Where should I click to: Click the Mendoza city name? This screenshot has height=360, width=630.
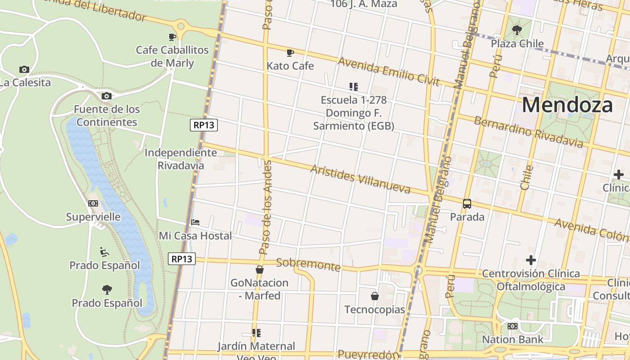click(x=567, y=105)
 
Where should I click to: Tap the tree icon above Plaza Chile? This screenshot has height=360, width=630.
click(x=517, y=30)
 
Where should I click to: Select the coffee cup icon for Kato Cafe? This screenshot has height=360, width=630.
click(x=290, y=53)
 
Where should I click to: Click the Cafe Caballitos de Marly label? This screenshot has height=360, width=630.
click(x=172, y=56)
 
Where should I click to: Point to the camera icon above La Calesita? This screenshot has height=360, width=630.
click(x=24, y=69)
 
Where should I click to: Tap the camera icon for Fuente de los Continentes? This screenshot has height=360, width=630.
click(x=107, y=96)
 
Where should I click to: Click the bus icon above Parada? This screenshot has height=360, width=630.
click(x=467, y=204)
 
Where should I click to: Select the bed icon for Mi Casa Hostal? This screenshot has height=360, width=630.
click(x=195, y=222)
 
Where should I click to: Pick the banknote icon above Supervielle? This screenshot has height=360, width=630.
click(x=93, y=203)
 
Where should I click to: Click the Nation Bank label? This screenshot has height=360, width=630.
click(x=513, y=339)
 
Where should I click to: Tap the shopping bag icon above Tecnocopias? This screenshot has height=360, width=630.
click(x=374, y=296)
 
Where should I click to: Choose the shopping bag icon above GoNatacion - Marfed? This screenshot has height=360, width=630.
click(x=259, y=270)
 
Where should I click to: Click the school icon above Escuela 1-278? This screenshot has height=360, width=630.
click(x=353, y=86)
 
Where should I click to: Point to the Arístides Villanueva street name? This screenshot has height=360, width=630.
click(x=360, y=179)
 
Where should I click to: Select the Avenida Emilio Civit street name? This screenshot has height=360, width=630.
click(x=388, y=71)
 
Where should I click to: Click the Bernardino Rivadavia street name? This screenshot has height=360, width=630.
click(x=528, y=132)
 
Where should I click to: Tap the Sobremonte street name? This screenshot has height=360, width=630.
click(x=308, y=264)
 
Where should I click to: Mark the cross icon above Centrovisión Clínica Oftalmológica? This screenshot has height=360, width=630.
click(x=531, y=260)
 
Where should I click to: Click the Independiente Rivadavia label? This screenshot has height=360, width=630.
click(x=180, y=159)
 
